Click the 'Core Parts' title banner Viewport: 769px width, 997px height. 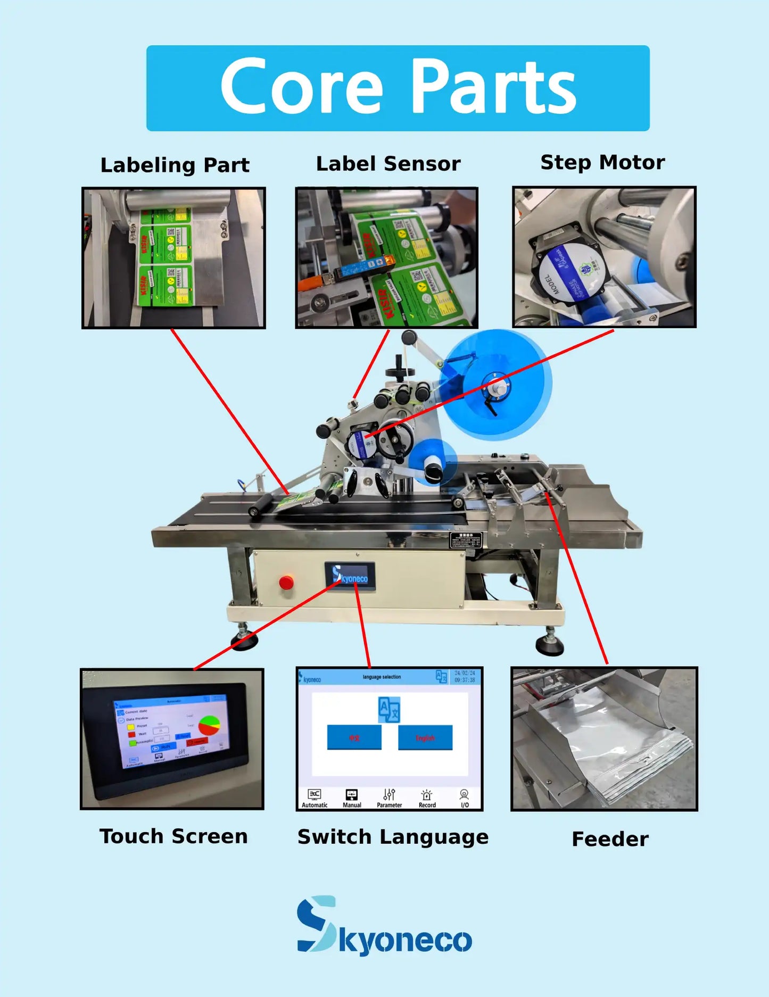pyautogui.click(x=398, y=88)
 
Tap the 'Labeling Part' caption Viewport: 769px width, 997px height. pyautogui.click(x=175, y=165)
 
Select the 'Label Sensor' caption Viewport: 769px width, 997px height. pyautogui.click(x=388, y=164)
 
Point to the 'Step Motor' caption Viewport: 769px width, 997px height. pyautogui.click(x=602, y=162)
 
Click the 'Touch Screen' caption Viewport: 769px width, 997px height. pyautogui.click(x=173, y=836)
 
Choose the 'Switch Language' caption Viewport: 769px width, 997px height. pyautogui.click(x=393, y=837)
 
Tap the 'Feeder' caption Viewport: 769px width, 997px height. pyautogui.click(x=610, y=839)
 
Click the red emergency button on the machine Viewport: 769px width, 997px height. pyautogui.click(x=286, y=583)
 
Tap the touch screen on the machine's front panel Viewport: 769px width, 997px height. pyautogui.click(x=350, y=576)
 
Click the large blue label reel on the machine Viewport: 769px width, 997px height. pyautogui.click(x=496, y=384)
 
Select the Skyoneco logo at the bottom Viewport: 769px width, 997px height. pyautogui.click(x=384, y=926)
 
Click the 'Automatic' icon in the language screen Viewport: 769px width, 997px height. pyautogui.click(x=315, y=798)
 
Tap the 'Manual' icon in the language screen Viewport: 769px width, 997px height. pyautogui.click(x=352, y=798)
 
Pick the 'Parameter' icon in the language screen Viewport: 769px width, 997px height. pyautogui.click(x=390, y=798)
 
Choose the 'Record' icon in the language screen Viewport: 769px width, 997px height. pyautogui.click(x=427, y=798)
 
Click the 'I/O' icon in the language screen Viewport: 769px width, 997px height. pyautogui.click(x=465, y=798)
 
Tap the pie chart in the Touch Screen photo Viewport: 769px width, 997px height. pyautogui.click(x=209, y=726)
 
